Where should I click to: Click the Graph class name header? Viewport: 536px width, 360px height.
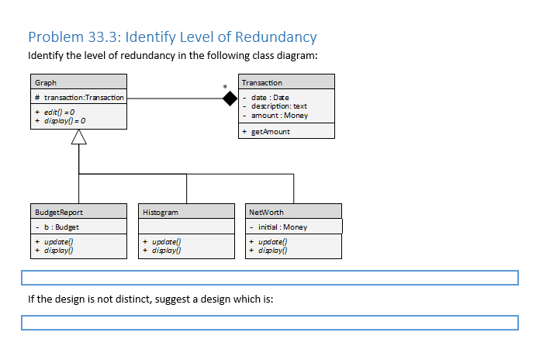point(46,83)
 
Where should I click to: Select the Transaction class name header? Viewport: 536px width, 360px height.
point(262,83)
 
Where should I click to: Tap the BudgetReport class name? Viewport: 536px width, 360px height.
point(59,212)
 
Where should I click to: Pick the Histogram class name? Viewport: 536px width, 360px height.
point(161,212)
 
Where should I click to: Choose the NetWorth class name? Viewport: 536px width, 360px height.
point(267,212)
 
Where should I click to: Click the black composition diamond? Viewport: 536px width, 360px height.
point(230,99)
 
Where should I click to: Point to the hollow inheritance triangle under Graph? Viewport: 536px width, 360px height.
point(79,137)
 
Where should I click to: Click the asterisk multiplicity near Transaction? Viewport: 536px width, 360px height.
point(225,86)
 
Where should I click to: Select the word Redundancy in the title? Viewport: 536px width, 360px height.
point(268,37)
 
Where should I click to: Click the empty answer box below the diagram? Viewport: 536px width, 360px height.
point(269,278)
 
